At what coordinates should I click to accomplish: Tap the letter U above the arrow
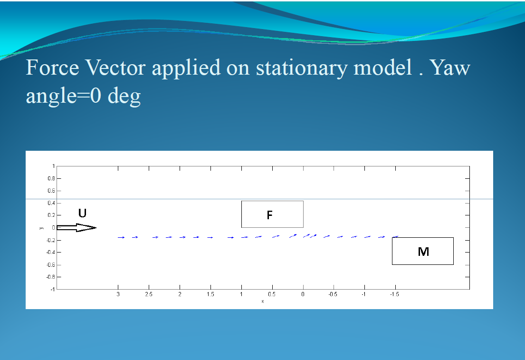82,213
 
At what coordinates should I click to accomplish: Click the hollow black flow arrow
76,228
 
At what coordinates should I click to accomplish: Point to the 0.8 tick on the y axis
51,178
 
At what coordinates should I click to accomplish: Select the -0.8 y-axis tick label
50,277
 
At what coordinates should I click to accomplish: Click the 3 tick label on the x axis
118,294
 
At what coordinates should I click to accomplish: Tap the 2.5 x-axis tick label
149,294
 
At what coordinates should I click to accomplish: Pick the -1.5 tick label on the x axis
394,294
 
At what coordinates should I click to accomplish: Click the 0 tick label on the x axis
303,294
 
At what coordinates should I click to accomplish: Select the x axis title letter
262,302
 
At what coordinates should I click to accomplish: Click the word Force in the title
53,68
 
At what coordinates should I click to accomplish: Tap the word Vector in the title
115,68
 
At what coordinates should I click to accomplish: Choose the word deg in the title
124,97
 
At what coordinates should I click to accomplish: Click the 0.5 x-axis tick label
272,294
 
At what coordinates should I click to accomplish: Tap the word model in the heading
382,68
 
